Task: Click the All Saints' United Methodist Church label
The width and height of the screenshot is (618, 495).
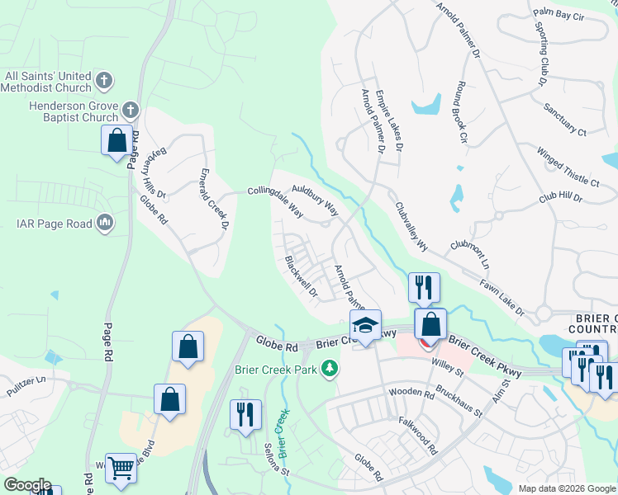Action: pos(48,81)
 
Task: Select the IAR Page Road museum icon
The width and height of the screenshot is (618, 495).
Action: pos(105,223)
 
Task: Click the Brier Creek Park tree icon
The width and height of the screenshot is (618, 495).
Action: pos(330,369)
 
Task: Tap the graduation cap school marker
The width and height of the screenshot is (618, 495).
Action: pos(365,325)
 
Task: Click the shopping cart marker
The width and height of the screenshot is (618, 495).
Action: pos(121,469)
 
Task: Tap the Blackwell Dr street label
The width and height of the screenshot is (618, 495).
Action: pos(302,276)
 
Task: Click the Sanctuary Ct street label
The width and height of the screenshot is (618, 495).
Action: pos(565,120)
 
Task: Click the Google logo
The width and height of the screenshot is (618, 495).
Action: pos(27,485)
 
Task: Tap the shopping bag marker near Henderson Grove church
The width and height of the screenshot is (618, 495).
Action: pos(116,141)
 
